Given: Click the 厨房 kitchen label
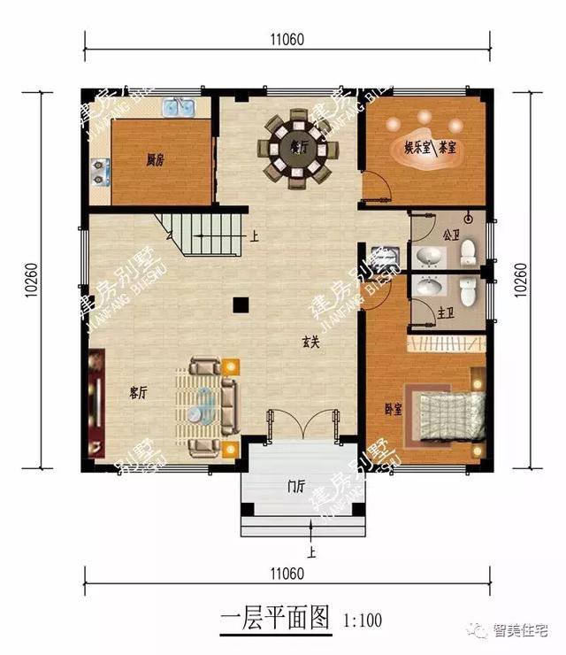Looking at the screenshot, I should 157,161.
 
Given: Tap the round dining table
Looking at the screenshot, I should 296,150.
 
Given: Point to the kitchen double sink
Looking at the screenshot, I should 181,109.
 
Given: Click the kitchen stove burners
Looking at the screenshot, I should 99,170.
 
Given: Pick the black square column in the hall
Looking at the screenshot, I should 239,305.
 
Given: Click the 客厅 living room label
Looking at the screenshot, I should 137,392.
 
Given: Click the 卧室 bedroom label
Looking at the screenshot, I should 394,409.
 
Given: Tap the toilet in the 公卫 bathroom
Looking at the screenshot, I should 468,254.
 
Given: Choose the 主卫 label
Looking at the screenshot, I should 446,312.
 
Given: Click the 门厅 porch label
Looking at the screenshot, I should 295,486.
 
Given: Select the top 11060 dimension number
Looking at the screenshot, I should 288,39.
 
